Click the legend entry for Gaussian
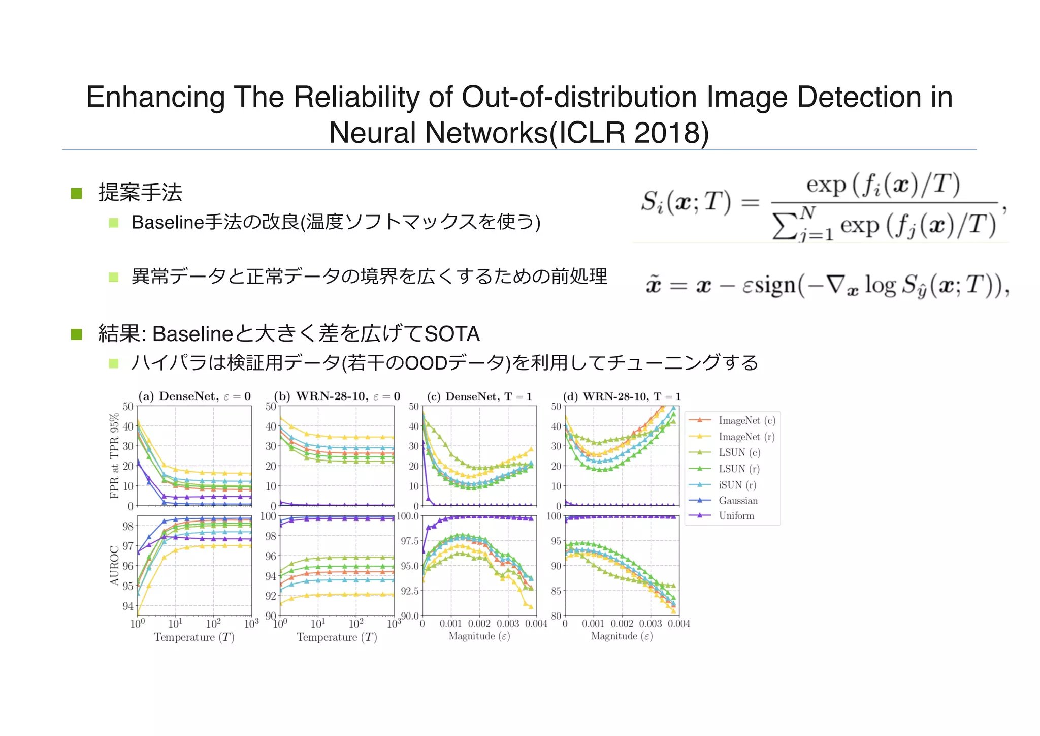(x=738, y=501)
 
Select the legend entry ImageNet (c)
(x=746, y=420)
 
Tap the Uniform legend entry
(x=736, y=516)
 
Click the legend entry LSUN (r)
(x=739, y=469)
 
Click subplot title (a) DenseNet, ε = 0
(x=194, y=396)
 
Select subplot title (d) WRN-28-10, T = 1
(x=622, y=396)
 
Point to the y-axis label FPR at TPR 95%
(x=115, y=455)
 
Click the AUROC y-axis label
(x=115, y=565)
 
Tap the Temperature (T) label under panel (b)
(x=337, y=637)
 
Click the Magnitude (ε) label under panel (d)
(x=622, y=636)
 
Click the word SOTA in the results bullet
(x=452, y=334)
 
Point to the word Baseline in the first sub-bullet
(x=167, y=222)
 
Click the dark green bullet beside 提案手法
(x=77, y=193)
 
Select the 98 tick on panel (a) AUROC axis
(x=128, y=526)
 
